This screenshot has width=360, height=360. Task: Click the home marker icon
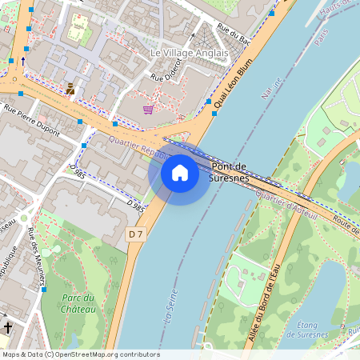coord(180,172)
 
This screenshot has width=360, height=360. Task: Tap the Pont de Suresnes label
coord(230,172)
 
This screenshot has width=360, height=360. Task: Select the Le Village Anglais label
coord(189,53)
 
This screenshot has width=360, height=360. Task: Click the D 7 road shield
coord(135,234)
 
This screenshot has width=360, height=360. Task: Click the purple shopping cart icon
coord(148,109)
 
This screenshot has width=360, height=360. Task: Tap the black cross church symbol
coord(8,328)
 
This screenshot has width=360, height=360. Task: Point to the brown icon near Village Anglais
coord(70,88)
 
